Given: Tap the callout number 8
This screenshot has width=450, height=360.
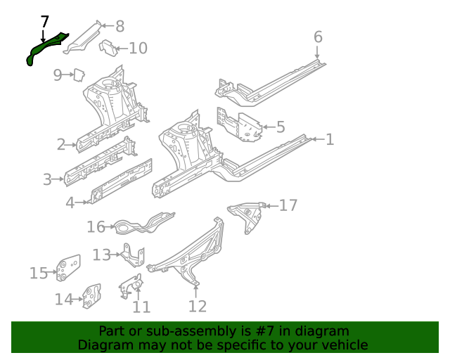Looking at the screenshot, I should pos(120,27).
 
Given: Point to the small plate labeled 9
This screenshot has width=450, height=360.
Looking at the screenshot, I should pos(80,73).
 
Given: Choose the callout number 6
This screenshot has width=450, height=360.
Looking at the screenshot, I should pos(317,37).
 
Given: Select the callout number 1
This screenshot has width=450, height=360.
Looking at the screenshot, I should pos(329,139).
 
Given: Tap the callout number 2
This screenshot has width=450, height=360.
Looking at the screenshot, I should pos(63,145).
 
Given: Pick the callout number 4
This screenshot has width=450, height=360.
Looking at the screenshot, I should pos(70,203).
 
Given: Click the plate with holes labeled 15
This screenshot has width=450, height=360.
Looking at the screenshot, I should pos(68,268).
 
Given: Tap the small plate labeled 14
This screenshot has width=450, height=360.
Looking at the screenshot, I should pos(91,296).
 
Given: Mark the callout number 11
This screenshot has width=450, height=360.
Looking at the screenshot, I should pos(141,307).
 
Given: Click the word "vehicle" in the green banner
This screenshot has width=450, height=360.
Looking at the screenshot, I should pos(342,345).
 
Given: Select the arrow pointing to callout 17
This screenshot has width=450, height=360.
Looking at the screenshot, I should pos(271,205).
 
